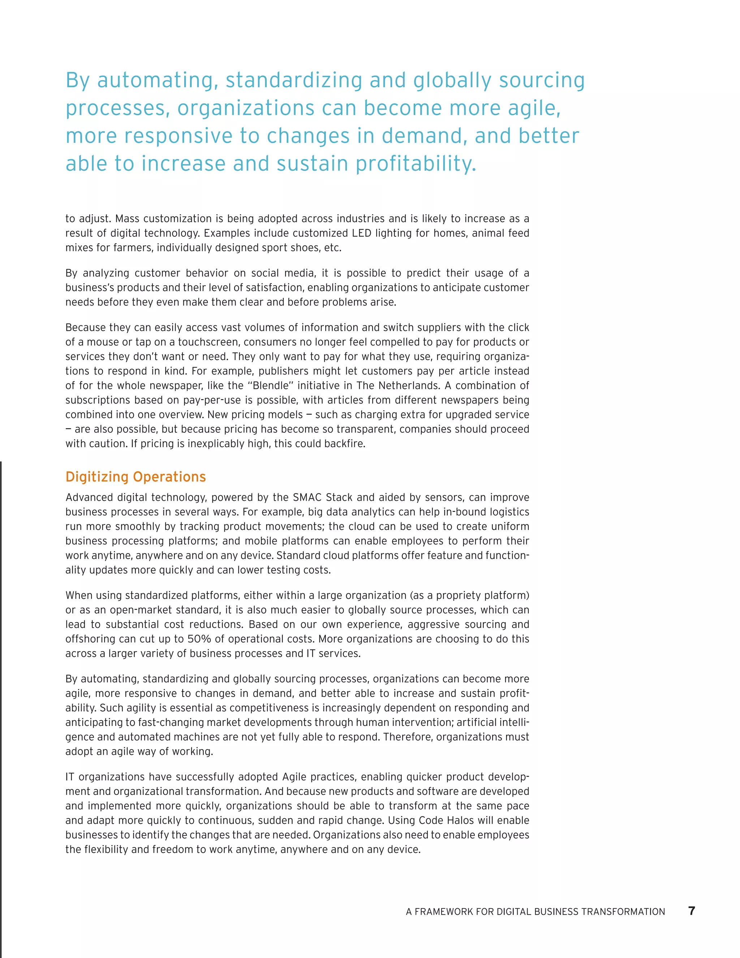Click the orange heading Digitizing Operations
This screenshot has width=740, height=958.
click(x=135, y=477)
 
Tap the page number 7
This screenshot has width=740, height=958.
click(x=691, y=911)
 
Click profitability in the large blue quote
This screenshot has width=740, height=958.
click(x=416, y=164)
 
